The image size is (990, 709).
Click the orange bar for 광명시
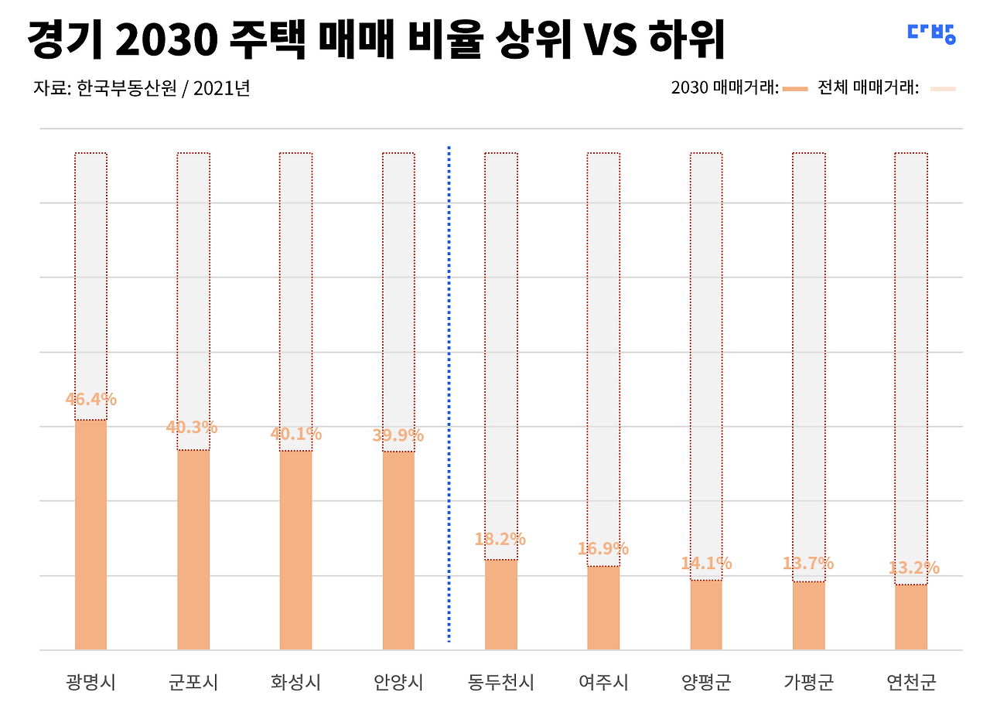click(x=90, y=534)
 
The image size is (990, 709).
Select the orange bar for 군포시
click(x=193, y=550)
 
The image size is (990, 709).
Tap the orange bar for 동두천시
click(x=500, y=605)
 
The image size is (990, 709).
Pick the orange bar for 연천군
click(x=911, y=617)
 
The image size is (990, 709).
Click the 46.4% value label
click(x=91, y=399)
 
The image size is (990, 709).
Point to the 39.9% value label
click(x=398, y=435)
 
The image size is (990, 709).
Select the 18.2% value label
click(x=500, y=539)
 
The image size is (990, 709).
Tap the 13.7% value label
click(x=808, y=563)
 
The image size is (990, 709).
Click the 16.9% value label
click(x=603, y=549)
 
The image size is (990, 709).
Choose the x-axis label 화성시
click(x=295, y=682)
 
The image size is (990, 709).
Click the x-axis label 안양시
click(x=398, y=682)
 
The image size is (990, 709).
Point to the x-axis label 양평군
click(x=706, y=682)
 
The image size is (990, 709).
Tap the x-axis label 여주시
click(x=603, y=682)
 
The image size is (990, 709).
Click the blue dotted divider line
click(x=449, y=394)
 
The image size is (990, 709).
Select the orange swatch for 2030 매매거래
click(x=795, y=89)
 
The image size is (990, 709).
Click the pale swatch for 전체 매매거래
click(x=943, y=89)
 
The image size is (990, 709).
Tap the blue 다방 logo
click(x=932, y=34)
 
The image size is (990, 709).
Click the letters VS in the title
click(x=613, y=39)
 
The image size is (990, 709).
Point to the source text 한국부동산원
click(x=127, y=88)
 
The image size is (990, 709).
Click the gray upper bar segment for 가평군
click(x=809, y=367)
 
